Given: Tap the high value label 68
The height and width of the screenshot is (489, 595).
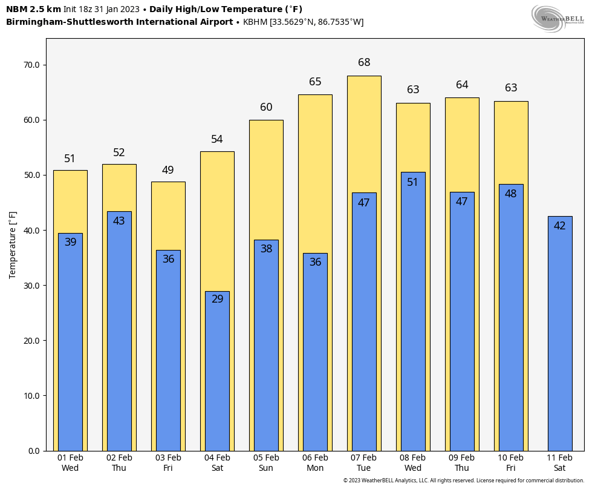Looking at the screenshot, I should coord(364,62).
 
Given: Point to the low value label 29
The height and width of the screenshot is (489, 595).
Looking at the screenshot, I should coord(217,299).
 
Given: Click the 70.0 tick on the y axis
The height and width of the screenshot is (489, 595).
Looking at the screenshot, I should coord(31,65).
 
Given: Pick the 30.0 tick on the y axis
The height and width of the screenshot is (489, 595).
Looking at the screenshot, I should coord(31,286).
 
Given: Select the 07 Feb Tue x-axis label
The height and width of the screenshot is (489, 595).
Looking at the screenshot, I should coord(364,463).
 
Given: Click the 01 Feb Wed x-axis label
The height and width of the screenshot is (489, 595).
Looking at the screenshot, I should coord(70,463).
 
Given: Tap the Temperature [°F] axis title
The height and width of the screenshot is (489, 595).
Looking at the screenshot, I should coord(13,244).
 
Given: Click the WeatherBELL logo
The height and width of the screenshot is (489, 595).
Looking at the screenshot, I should coord(558,18).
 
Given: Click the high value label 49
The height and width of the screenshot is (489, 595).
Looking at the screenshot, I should coord(168,170).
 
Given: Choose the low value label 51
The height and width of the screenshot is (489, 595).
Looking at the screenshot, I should coord(413,182).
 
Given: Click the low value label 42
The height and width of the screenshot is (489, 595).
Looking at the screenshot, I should coord(560,226).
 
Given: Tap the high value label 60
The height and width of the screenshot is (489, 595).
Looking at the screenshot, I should coord(266,107).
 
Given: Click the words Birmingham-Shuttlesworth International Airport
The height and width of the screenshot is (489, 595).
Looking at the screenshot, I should coord(119,22).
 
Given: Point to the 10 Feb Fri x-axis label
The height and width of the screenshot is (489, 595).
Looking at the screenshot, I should coord(511,463).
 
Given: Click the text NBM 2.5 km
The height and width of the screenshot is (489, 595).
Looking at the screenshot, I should coord(33,9).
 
